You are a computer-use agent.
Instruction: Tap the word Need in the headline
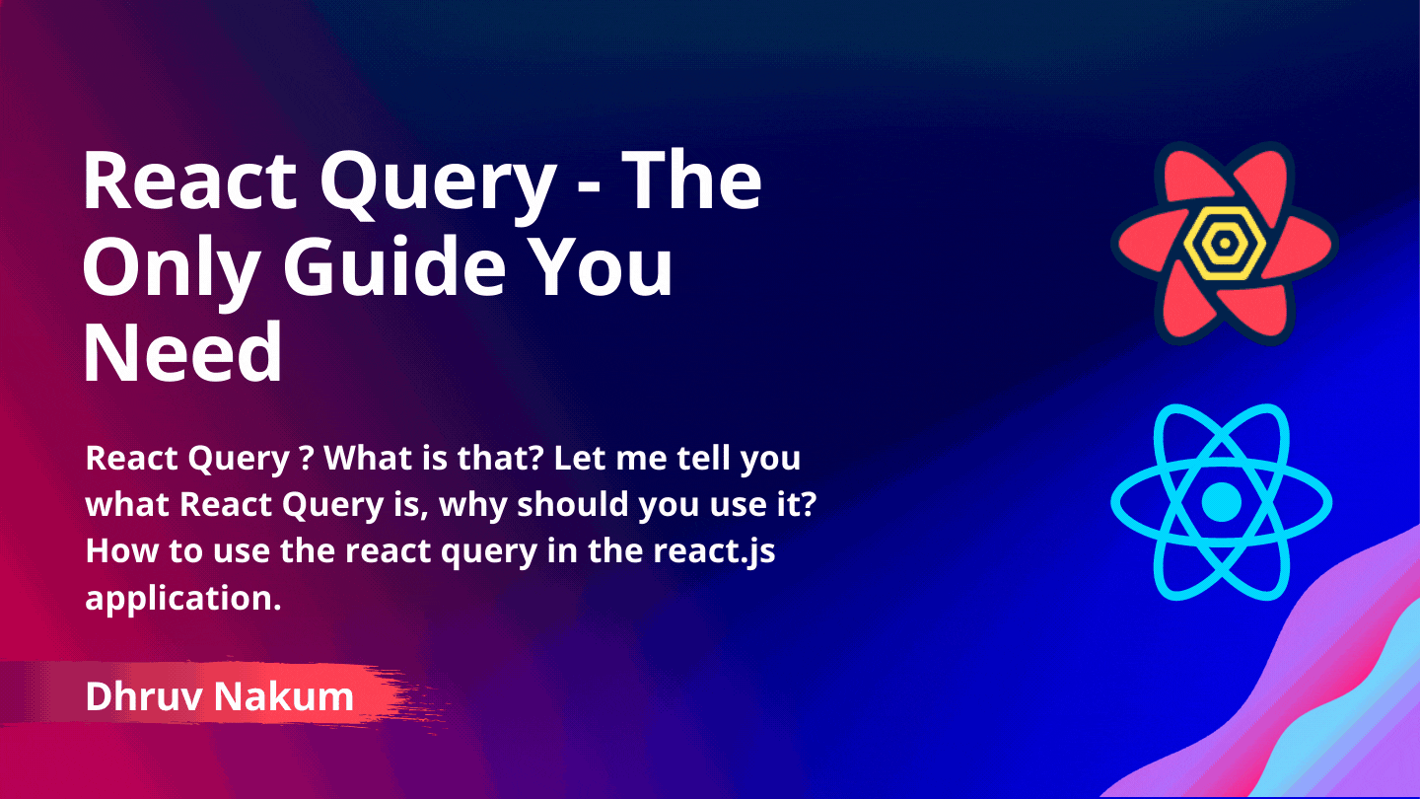(182, 352)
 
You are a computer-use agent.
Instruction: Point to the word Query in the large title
(441, 182)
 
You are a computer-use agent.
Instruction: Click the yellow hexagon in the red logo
(1223, 242)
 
